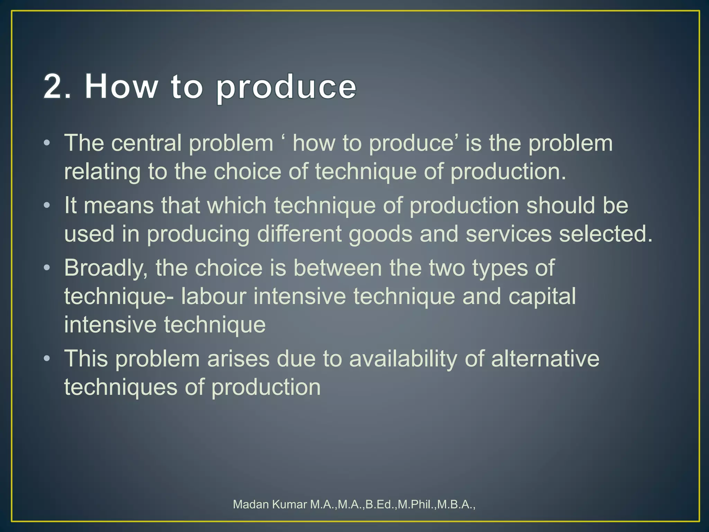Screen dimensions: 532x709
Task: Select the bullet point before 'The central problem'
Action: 47,143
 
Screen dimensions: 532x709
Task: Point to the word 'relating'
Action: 102,172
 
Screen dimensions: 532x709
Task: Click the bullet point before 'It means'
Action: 47,205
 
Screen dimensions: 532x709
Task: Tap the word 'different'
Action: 299,234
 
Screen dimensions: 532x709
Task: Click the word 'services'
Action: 508,234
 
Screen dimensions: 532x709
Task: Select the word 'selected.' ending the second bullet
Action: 605,234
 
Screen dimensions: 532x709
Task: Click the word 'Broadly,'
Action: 106,268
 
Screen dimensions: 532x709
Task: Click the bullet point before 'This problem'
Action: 47,358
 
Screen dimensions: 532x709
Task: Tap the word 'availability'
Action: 403,359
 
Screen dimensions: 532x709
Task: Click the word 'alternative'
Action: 545,358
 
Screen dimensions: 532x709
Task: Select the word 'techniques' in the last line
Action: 120,387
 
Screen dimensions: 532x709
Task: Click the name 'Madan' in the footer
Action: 251,505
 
